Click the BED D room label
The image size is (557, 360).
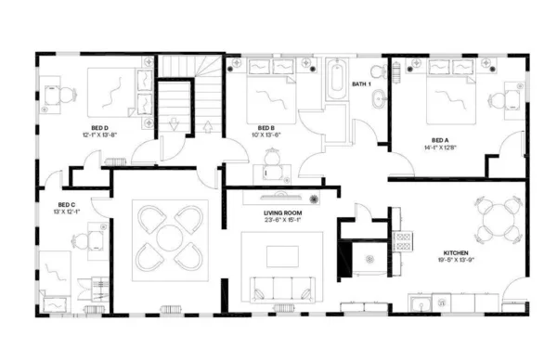tap(98, 127)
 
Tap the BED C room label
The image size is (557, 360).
tap(66, 204)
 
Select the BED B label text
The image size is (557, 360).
tap(266, 127)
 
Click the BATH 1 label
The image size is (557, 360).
tap(361, 84)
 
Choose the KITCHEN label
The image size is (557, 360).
tap(455, 253)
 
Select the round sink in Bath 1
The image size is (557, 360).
tap(377, 100)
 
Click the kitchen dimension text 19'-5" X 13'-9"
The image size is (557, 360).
tap(455, 262)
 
